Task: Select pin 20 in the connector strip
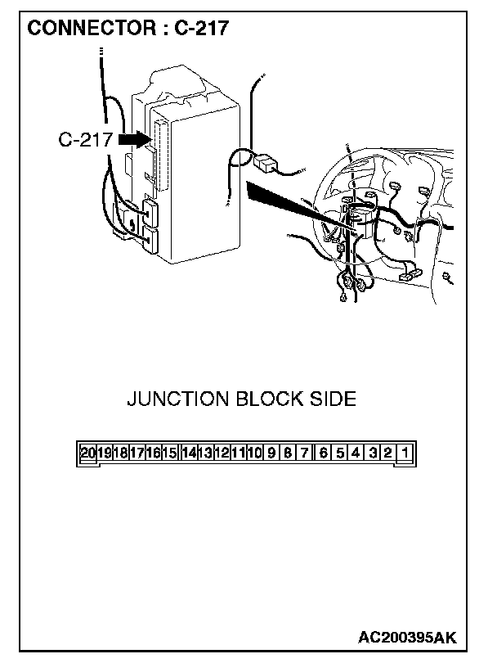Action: point(88,453)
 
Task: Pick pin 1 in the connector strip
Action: point(405,453)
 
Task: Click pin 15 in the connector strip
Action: point(169,453)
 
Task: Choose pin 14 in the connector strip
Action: point(189,453)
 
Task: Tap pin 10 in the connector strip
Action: point(254,453)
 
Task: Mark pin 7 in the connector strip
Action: point(304,453)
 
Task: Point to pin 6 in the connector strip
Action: point(324,453)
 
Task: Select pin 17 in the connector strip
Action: point(137,453)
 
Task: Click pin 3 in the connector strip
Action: point(372,453)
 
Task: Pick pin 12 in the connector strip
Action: point(222,453)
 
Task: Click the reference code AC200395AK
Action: point(406,637)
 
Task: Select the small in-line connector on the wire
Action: point(266,162)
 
